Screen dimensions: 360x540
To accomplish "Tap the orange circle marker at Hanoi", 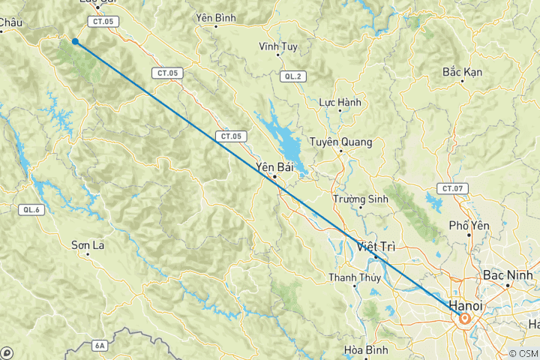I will coord(465,319).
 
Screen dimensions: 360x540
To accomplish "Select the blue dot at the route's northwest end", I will coord(75,42).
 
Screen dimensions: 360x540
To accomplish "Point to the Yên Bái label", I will coord(274,166).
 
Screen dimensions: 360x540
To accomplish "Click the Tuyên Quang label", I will coord(341,141).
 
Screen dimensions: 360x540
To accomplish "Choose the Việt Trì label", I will coord(376,246).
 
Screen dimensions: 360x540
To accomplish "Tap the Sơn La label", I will coord(86,244).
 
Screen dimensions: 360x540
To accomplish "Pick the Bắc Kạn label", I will coord(463,72).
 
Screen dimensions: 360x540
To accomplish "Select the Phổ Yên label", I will coord(469,225).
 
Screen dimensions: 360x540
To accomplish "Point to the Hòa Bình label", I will coord(364,349).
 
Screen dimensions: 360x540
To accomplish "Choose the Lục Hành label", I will coord(340,102).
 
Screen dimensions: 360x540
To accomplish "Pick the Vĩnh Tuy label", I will coord(278,46).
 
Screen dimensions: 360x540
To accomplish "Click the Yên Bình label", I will coord(216,16).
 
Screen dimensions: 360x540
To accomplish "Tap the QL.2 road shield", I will coord(292,76).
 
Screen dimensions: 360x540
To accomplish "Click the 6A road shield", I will coord(100,346).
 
